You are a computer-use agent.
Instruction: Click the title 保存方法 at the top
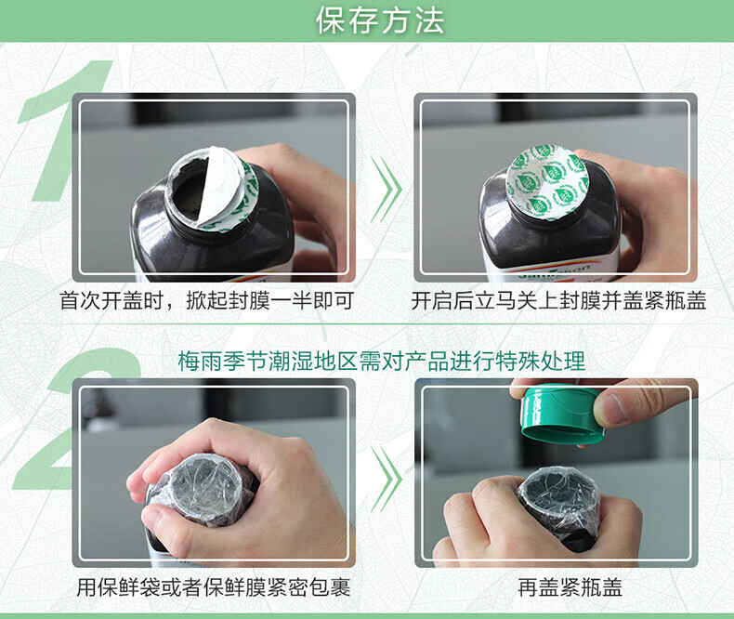click(380, 20)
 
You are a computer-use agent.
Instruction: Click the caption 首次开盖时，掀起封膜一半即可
click(206, 300)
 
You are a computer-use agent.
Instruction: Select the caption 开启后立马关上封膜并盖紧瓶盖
click(558, 300)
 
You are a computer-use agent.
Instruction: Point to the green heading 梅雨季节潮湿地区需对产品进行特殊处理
click(382, 362)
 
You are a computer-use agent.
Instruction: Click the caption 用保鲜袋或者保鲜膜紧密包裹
click(214, 587)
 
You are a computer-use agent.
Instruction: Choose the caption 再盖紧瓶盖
click(570, 587)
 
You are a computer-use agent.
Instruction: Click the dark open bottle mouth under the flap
click(189, 192)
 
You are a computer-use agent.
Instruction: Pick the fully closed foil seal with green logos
click(545, 182)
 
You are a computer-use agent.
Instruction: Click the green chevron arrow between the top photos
click(387, 190)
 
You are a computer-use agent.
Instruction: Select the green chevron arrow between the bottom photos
click(387, 479)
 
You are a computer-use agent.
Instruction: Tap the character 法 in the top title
click(429, 20)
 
